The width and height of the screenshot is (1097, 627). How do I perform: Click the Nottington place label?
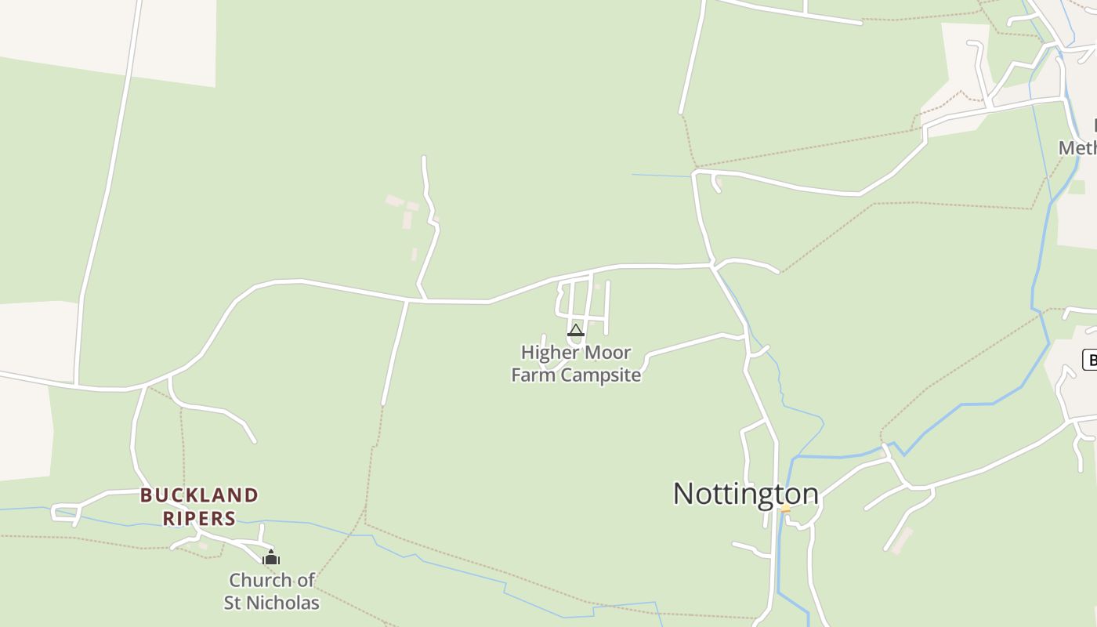pyautogui.click(x=745, y=494)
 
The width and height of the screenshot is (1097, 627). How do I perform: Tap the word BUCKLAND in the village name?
pyautogui.click(x=199, y=495)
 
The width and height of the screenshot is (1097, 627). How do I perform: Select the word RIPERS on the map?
pyautogui.click(x=199, y=518)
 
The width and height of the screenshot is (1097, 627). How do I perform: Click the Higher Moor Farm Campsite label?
pyautogui.click(x=576, y=364)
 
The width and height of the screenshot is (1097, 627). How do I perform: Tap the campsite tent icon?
pyautogui.click(x=576, y=331)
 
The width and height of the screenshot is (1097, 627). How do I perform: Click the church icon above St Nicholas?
pyautogui.click(x=271, y=558)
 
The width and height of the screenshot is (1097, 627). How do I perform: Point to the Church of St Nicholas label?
pyautogui.click(x=272, y=591)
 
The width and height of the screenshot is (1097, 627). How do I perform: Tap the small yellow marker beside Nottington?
pyautogui.click(x=785, y=508)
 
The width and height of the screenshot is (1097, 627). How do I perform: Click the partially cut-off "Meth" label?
pyautogui.click(x=1077, y=148)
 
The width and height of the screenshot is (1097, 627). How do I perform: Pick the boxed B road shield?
pyautogui.click(x=1089, y=360)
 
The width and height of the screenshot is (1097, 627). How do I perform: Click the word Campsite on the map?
pyautogui.click(x=602, y=375)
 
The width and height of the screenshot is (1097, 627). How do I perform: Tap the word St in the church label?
pyautogui.click(x=233, y=603)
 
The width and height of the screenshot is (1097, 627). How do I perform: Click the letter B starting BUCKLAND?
pyautogui.click(x=146, y=495)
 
